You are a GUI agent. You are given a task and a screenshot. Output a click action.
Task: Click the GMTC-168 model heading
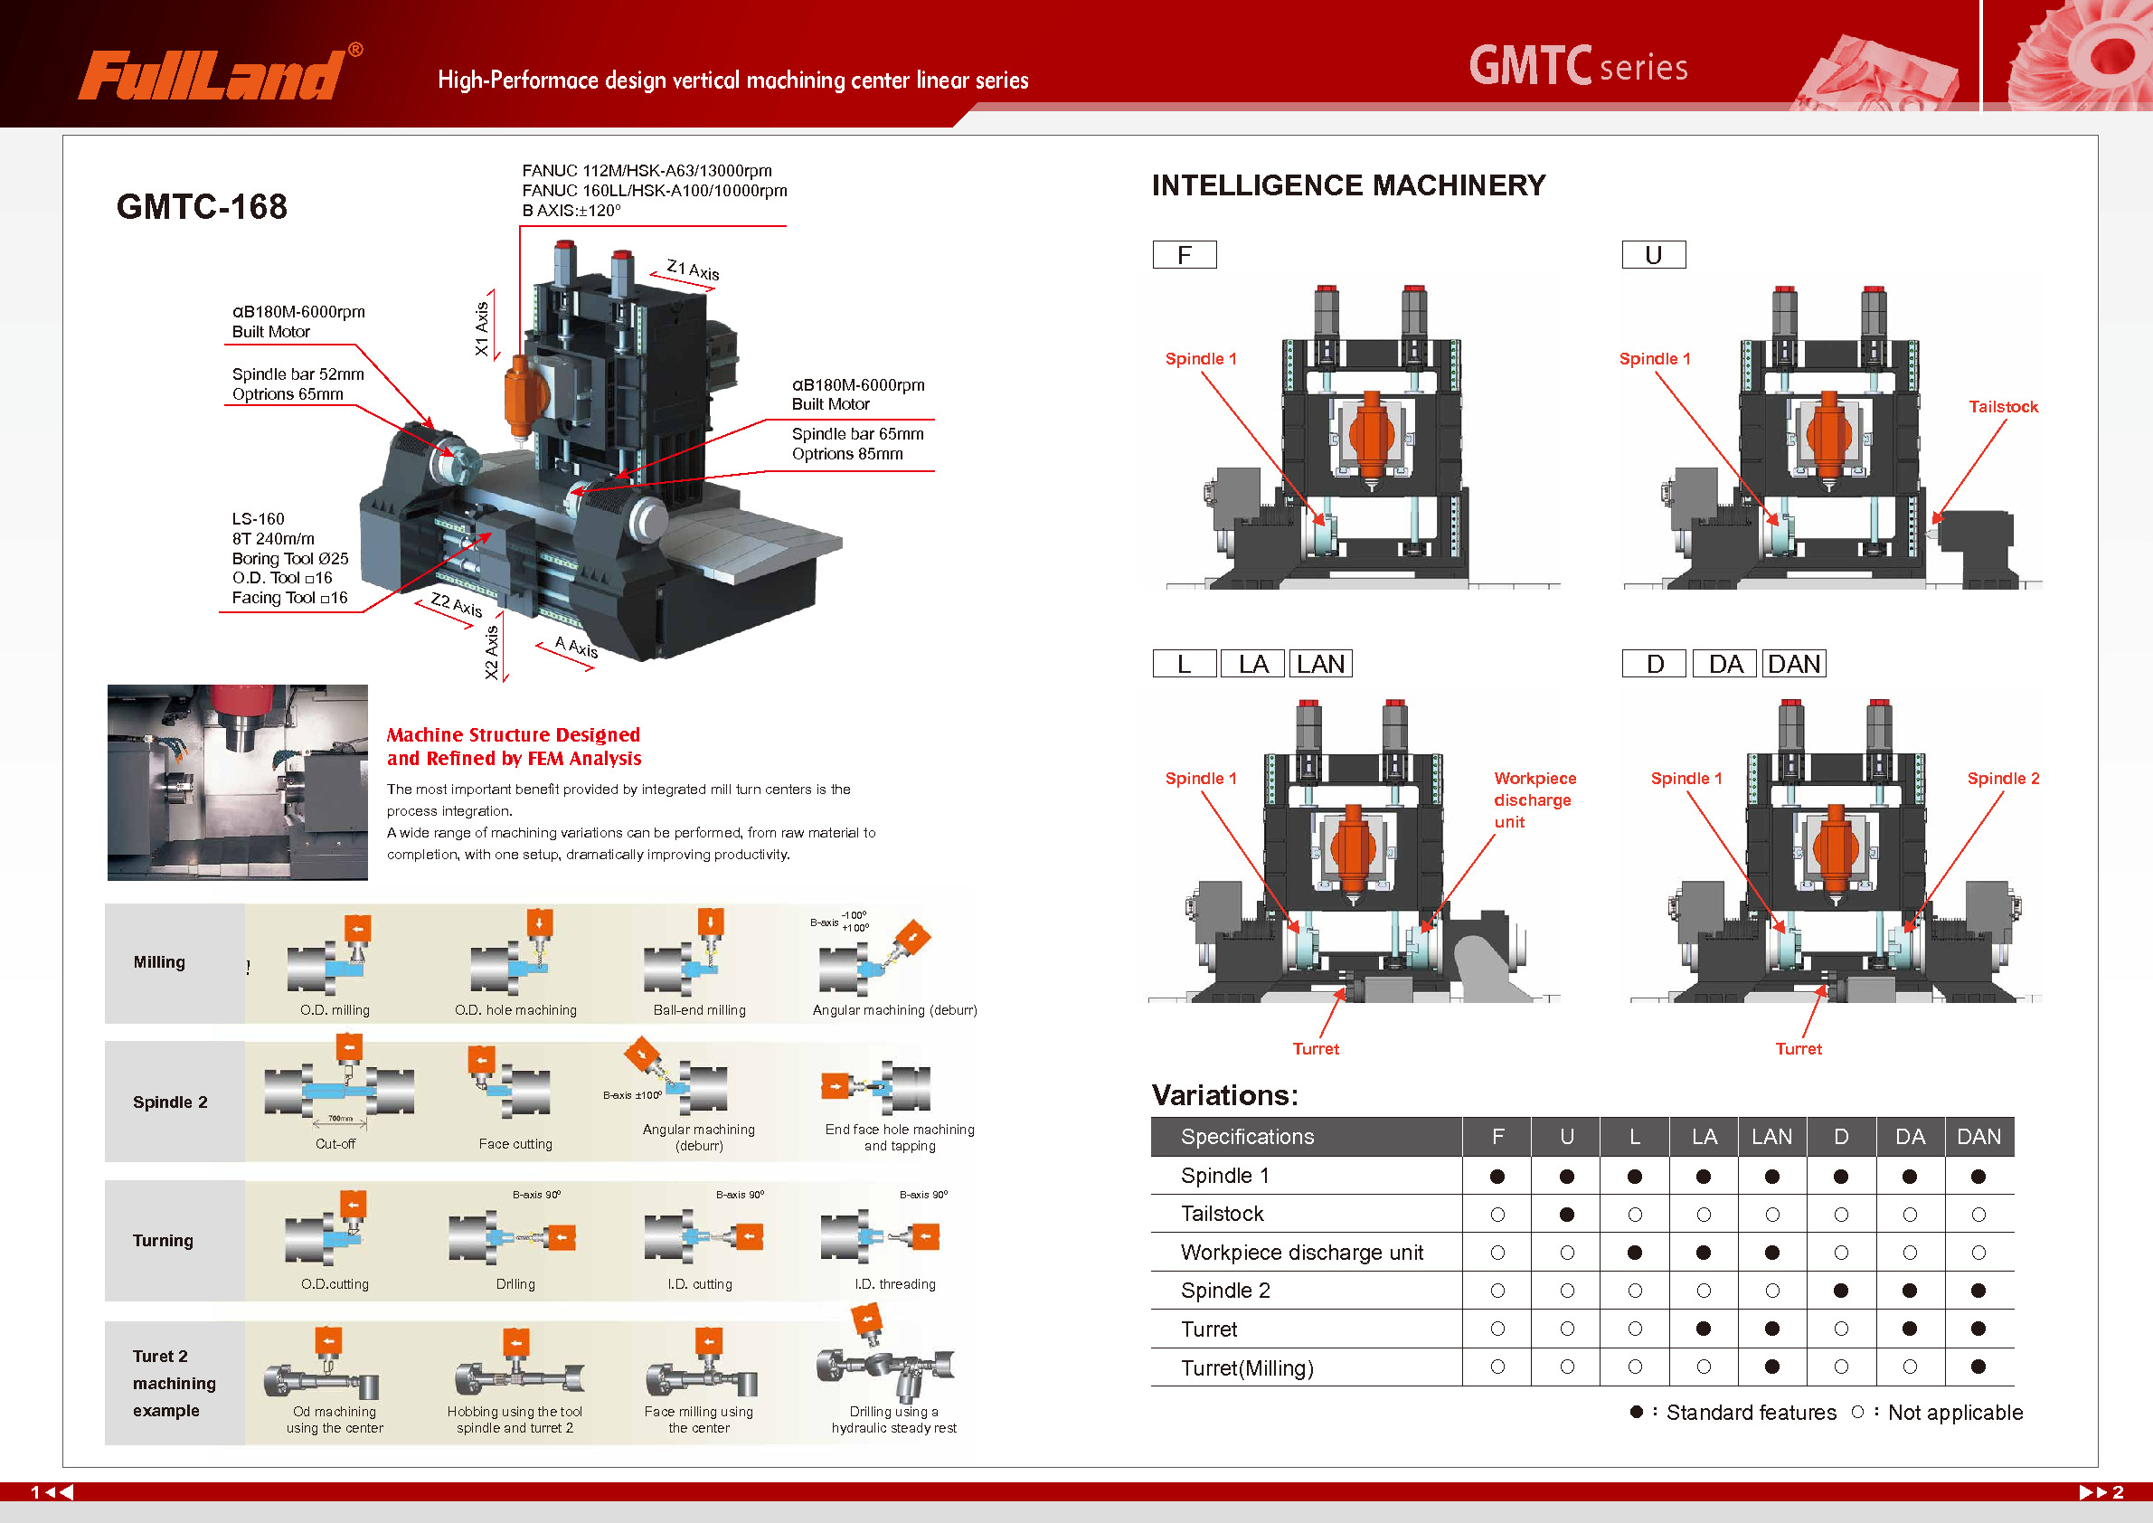click(202, 206)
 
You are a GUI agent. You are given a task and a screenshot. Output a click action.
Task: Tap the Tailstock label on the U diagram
click(2002, 406)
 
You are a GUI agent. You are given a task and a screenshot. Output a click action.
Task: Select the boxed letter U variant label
click(1653, 255)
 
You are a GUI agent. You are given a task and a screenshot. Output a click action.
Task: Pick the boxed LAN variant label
click(1320, 664)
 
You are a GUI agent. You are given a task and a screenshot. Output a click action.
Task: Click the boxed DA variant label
click(1724, 664)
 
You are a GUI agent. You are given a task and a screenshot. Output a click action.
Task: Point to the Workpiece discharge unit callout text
click(1534, 799)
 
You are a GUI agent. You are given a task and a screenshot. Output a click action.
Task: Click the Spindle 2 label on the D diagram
click(2002, 778)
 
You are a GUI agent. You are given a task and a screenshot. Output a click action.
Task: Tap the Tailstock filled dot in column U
click(1566, 1215)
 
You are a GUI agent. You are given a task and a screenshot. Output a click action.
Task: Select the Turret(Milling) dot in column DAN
click(1978, 1367)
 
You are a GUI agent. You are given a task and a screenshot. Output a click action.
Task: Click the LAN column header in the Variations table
click(1771, 1137)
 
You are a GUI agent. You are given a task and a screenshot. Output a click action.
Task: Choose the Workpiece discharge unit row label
click(1301, 1253)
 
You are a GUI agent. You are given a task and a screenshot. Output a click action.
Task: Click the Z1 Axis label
click(693, 270)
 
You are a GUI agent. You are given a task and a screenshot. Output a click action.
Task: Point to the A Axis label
click(576, 646)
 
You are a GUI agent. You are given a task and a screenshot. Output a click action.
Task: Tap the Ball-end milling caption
click(700, 1010)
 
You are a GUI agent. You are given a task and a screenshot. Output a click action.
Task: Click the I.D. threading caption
click(894, 1284)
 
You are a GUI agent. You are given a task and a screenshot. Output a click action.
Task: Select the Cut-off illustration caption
click(335, 1144)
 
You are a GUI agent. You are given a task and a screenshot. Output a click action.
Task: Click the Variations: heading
click(1224, 1095)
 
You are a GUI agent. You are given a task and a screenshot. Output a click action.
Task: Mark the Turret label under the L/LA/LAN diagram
click(1316, 1048)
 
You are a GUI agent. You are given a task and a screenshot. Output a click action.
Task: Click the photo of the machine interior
click(237, 782)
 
